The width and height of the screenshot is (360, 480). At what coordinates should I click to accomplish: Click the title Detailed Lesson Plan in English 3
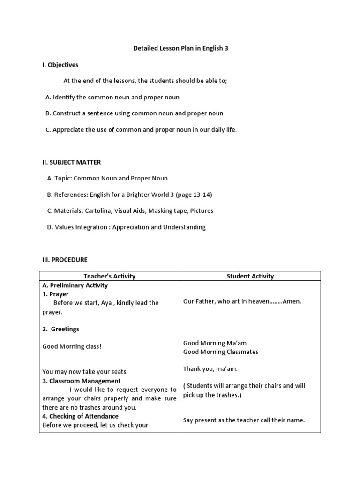pyautogui.click(x=180, y=48)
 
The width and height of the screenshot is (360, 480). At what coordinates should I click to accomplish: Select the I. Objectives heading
pyautogui.click(x=60, y=65)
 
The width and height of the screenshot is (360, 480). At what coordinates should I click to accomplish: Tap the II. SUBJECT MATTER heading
pyautogui.click(x=71, y=162)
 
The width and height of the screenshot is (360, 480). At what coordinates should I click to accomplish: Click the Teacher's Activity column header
pyautogui.click(x=109, y=276)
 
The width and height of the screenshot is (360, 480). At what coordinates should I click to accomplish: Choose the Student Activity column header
pyautogui.click(x=250, y=276)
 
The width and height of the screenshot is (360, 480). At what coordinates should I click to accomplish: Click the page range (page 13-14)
pyautogui.click(x=188, y=195)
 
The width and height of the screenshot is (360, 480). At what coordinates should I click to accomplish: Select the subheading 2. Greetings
pyautogui.click(x=61, y=329)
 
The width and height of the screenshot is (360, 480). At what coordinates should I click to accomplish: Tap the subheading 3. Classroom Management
pyautogui.click(x=82, y=381)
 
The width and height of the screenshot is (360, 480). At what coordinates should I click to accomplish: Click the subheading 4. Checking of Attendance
pyautogui.click(x=80, y=416)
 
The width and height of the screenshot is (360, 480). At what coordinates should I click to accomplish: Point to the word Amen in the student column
pyautogui.click(x=292, y=301)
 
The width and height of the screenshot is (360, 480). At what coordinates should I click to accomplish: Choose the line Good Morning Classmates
pyautogui.click(x=221, y=352)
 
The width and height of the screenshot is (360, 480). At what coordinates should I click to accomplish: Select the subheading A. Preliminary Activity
pyautogui.click(x=75, y=285)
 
